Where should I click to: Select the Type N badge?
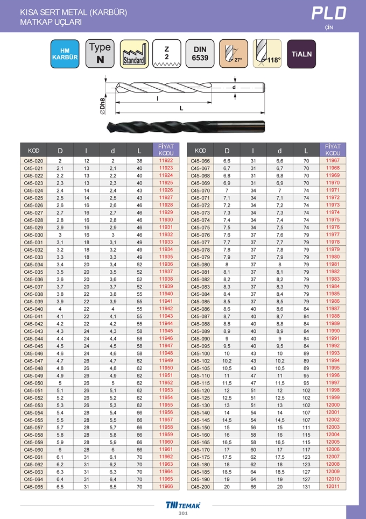100,54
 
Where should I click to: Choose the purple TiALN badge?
301,54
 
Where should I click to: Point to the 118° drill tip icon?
268,54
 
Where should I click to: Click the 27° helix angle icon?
234,54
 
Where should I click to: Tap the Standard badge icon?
133,54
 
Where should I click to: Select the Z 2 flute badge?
167,54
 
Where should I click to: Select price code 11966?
166,487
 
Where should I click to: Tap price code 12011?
333,487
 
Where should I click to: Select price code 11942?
166,309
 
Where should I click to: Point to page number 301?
183,514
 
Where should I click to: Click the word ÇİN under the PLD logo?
329,27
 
